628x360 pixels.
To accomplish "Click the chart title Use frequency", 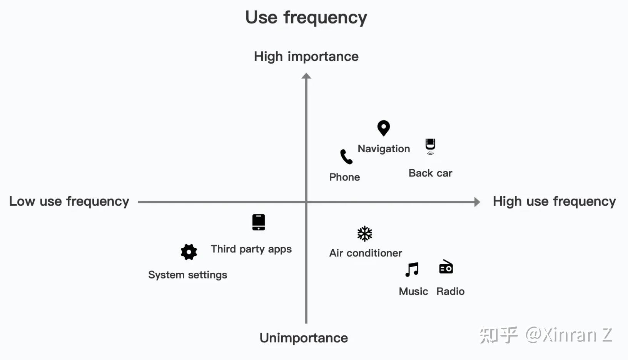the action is pyautogui.click(x=306, y=18).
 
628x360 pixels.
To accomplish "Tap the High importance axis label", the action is pyautogui.click(x=306, y=57).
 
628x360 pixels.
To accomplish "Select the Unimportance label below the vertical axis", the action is pyautogui.click(x=304, y=338).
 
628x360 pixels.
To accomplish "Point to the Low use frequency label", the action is pyautogui.click(x=69, y=202).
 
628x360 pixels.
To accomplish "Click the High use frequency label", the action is pyautogui.click(x=554, y=202).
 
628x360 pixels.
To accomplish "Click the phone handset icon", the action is pyautogui.click(x=346, y=157).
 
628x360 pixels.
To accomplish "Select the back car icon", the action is pyautogui.click(x=430, y=147).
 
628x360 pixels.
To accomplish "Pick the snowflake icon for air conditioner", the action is pyautogui.click(x=365, y=233).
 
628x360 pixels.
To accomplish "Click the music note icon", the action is pyautogui.click(x=412, y=270).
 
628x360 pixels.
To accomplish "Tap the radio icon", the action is pyautogui.click(x=446, y=267).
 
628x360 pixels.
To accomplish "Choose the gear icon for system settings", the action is pyautogui.click(x=189, y=252).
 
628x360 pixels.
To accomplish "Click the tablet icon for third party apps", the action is pyautogui.click(x=259, y=222).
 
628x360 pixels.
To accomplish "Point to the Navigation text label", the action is pyautogui.click(x=384, y=149).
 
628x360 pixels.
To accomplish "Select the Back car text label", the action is pyautogui.click(x=430, y=173).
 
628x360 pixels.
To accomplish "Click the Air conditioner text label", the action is pyautogui.click(x=366, y=253).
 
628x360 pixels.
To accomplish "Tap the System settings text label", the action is pyautogui.click(x=187, y=275).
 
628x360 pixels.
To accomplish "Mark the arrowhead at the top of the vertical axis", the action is pyautogui.click(x=306, y=76).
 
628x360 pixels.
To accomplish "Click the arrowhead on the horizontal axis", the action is pyautogui.click(x=477, y=202).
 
